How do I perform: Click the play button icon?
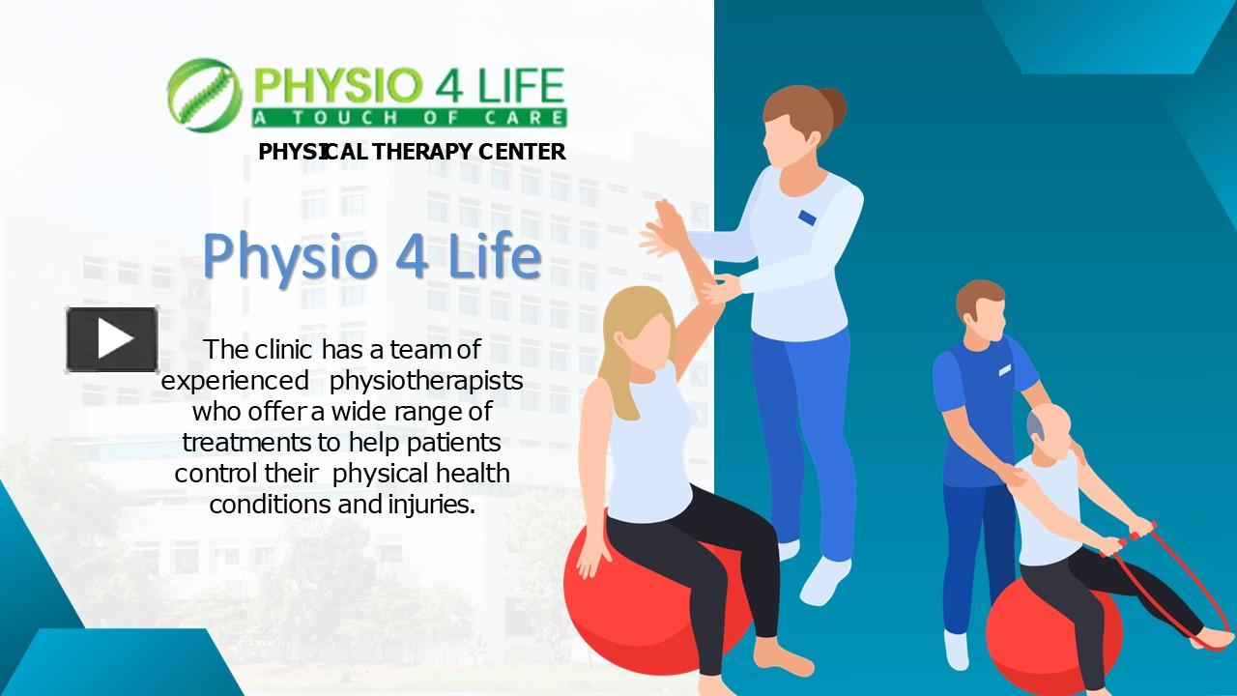click(112, 339)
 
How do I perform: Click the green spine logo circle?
click(203, 94)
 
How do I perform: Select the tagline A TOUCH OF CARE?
click(409, 118)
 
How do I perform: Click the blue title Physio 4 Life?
click(371, 257)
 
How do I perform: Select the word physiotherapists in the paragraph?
click(426, 380)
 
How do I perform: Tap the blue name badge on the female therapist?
click(807, 217)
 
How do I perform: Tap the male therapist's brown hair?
click(978, 297)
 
